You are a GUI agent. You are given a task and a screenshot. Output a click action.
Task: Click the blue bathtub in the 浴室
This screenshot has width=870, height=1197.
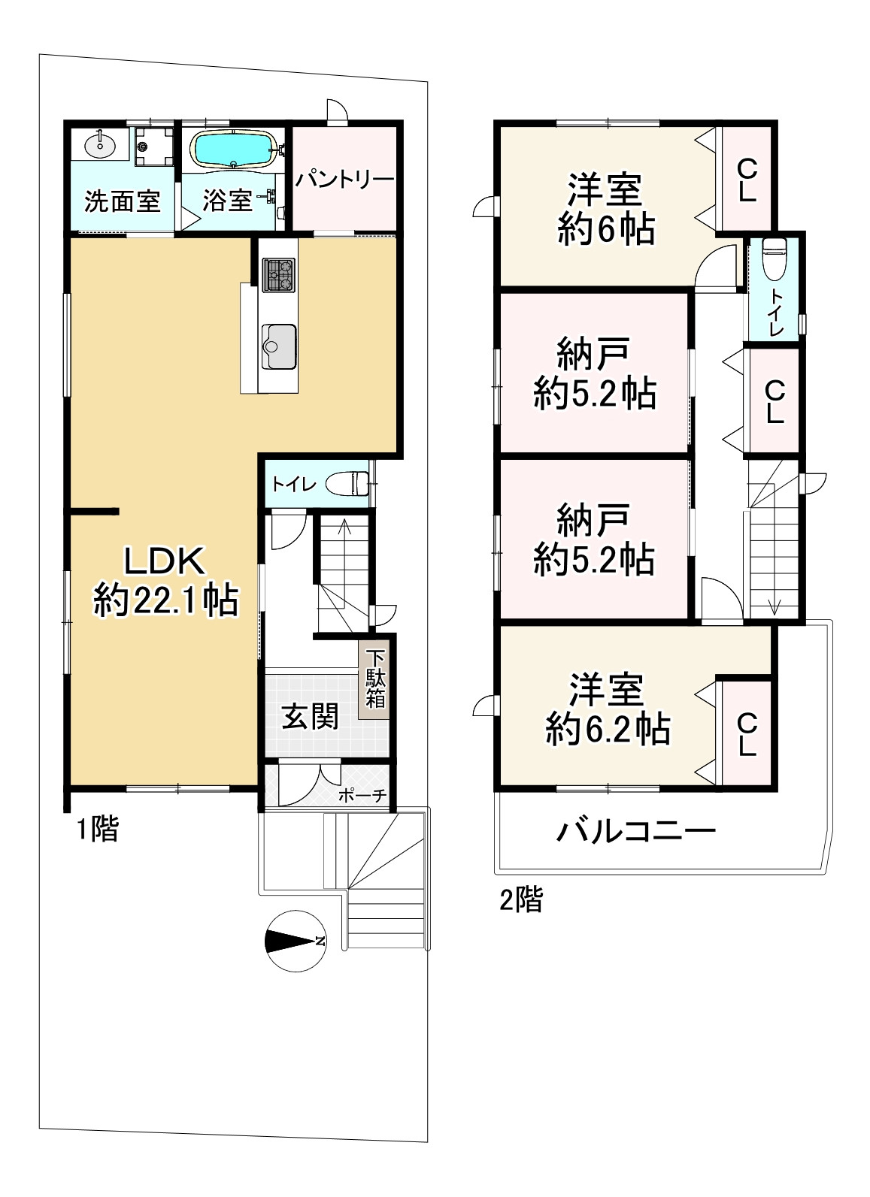click(235, 150)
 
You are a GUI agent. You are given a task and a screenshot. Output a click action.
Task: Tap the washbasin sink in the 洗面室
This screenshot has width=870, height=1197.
click(100, 144)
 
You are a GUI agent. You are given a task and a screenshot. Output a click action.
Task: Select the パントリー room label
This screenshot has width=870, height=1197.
click(345, 179)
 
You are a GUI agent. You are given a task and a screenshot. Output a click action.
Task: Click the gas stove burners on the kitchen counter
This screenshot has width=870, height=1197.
click(278, 275)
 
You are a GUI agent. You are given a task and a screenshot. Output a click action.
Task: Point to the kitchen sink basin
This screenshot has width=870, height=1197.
click(278, 347)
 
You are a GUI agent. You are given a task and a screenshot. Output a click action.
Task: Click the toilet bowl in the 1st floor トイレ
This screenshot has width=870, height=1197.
click(347, 484)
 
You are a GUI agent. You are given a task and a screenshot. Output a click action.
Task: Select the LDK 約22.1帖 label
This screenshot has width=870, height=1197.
click(165, 582)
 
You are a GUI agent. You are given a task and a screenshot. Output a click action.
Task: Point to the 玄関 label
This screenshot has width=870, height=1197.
click(310, 716)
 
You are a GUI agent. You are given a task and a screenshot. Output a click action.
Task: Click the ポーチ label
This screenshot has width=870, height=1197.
click(362, 796)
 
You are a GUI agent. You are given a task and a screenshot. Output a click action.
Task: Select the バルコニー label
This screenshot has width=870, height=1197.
click(636, 831)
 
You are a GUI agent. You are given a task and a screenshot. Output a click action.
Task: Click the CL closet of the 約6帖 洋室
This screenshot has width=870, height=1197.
click(747, 179)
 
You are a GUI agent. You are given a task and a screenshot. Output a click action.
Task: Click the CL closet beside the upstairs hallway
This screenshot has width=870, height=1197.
click(775, 401)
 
